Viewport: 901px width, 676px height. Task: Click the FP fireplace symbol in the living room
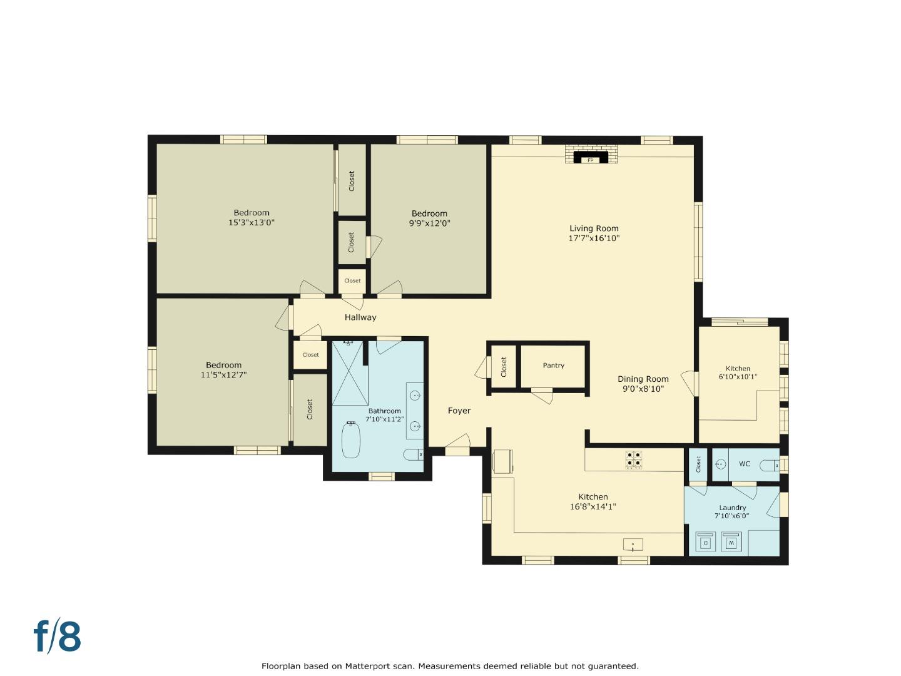tap(589, 159)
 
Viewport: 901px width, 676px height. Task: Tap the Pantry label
tap(553, 366)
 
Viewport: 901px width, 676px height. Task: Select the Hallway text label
tap(360, 317)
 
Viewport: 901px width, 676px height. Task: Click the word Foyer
tap(459, 411)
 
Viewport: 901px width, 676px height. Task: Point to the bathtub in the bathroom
tap(351, 440)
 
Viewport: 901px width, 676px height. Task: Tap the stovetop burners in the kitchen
tap(633, 460)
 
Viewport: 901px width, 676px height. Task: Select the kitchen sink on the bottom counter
tap(633, 545)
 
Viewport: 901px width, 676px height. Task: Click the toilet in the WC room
tap(769, 465)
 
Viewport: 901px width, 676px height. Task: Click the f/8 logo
tap(57, 637)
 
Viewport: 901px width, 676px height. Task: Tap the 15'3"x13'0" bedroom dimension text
tap(252, 222)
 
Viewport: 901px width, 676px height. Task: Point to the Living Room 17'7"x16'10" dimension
tap(594, 238)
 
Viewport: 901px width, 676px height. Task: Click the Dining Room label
tap(643, 379)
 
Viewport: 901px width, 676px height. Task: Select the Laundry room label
tap(732, 508)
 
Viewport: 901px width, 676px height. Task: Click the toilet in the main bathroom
tap(414, 454)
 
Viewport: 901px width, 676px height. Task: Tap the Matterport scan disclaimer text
tap(450, 666)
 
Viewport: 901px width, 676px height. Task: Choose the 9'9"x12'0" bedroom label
tap(429, 223)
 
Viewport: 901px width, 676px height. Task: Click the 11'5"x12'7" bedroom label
tap(223, 375)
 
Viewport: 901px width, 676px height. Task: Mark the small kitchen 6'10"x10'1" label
tap(738, 377)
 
